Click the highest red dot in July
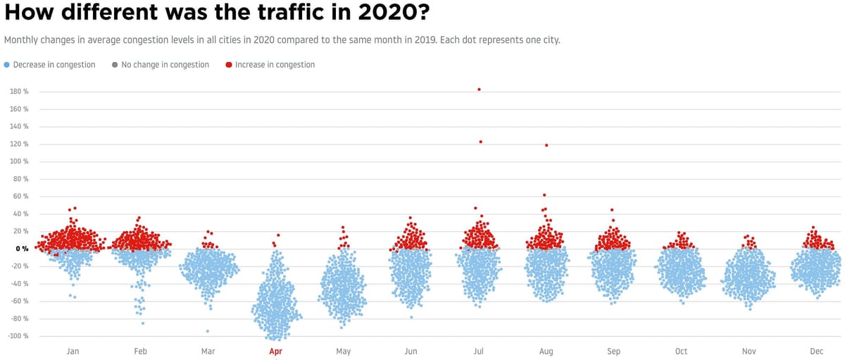pos(479,89)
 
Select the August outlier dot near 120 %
pos(546,145)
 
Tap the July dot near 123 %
pos(481,142)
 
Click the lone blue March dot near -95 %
pos(207,331)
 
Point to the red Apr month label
pos(275,351)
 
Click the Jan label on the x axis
pos(73,351)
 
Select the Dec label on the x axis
pos(816,351)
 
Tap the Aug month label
pos(546,351)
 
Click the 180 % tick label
pos(19,92)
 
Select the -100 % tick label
pos(18,336)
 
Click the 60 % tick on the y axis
pos(20,197)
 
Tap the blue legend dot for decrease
pos(7,65)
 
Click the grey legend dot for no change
pos(115,65)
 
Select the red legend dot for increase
pos(229,65)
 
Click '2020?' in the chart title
pos(388,13)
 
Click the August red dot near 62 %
pos(544,195)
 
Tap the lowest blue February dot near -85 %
pos(143,323)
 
